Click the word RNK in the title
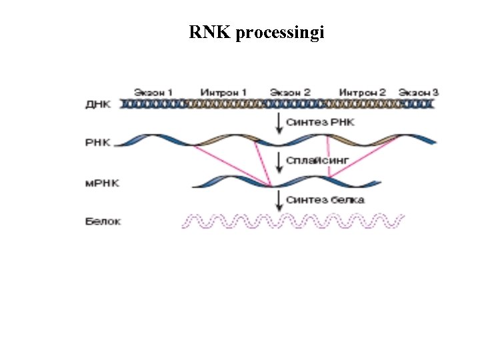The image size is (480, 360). coord(209,32)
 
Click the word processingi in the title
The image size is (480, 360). coord(279,33)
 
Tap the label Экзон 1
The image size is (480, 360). coord(153,91)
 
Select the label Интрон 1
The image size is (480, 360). coord(223,91)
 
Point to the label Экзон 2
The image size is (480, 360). coord(290,91)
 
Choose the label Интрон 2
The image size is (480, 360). coord(362,91)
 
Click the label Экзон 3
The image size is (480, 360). coord(419,91)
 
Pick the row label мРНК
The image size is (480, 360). coord(102,183)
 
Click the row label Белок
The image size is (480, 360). coord(103,221)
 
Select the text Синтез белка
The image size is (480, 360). coord(325,199)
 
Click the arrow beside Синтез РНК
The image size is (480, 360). coord(279,122)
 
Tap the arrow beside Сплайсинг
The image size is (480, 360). coord(279,161)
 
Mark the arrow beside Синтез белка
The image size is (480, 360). coord(279,200)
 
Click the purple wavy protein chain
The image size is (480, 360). coord(293,221)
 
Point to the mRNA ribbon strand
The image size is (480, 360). coord(287,182)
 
